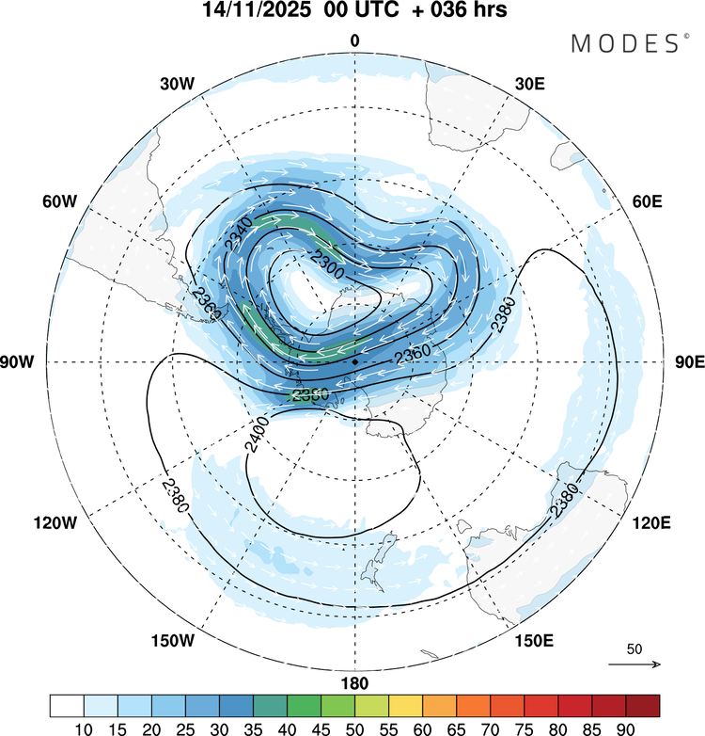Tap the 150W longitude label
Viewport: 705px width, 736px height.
(172, 641)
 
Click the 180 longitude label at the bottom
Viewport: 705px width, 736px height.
(355, 682)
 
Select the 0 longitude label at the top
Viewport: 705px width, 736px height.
(355, 40)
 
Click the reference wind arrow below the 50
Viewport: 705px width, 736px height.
(634, 664)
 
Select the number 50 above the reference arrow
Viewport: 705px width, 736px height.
(634, 649)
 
